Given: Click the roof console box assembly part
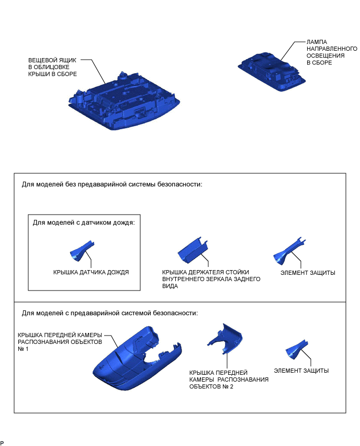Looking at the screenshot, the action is click(124, 101).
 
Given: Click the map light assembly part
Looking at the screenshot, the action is click(272, 71).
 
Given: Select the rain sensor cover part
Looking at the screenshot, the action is click(81, 251).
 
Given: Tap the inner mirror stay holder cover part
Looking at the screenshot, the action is click(193, 250).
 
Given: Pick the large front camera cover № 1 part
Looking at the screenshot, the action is click(137, 359).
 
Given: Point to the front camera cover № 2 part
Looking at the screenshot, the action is click(225, 339).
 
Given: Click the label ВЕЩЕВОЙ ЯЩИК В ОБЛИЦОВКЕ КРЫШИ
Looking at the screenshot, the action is click(52, 67).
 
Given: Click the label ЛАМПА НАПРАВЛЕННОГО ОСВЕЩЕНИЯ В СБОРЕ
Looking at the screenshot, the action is click(332, 52).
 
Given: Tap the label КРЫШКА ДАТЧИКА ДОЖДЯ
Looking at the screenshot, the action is click(91, 272).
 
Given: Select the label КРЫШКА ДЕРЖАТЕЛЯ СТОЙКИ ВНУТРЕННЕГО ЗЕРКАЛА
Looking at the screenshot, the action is click(211, 279).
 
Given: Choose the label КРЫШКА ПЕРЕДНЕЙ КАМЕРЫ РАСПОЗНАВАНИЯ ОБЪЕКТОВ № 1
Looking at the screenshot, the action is click(60, 342).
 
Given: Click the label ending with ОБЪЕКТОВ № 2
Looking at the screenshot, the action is click(229, 380).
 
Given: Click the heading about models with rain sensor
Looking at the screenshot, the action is click(84, 222).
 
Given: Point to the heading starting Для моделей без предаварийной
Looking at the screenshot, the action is click(112, 184).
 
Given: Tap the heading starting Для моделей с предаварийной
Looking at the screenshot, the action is click(110, 313).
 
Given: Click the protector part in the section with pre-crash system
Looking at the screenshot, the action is click(296, 350).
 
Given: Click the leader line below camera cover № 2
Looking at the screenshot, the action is click(227, 361).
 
